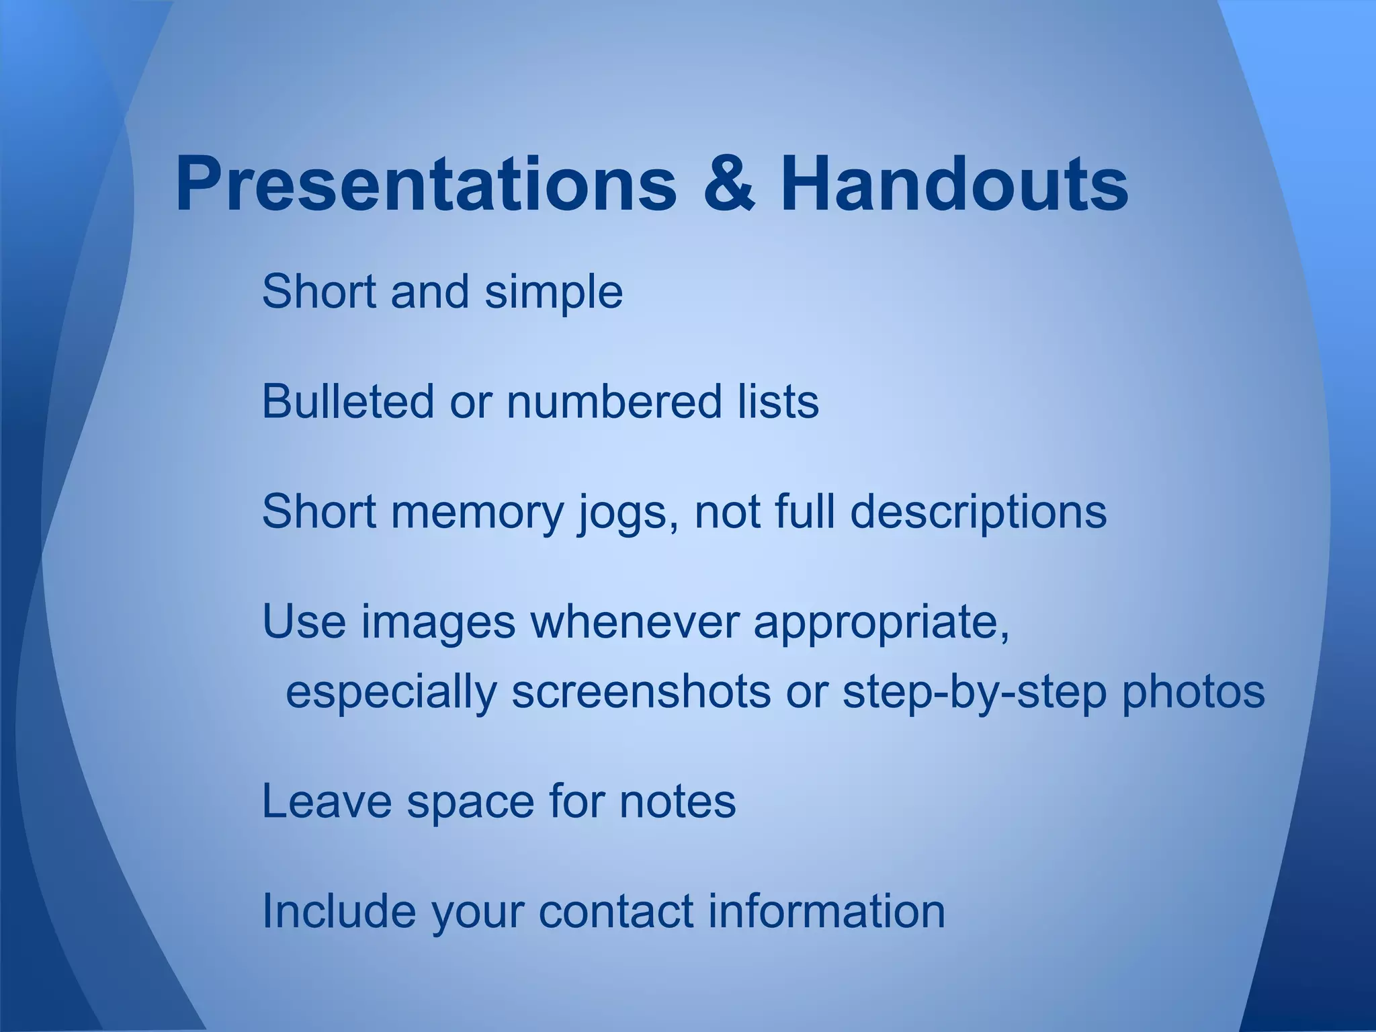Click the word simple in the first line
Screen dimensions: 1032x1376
[x=554, y=293]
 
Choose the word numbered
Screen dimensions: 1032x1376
[x=614, y=402]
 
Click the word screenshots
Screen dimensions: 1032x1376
[x=641, y=692]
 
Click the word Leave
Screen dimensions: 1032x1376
[x=327, y=801]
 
